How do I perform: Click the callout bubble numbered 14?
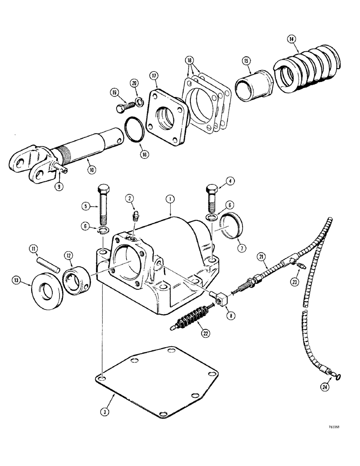point(292,40)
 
